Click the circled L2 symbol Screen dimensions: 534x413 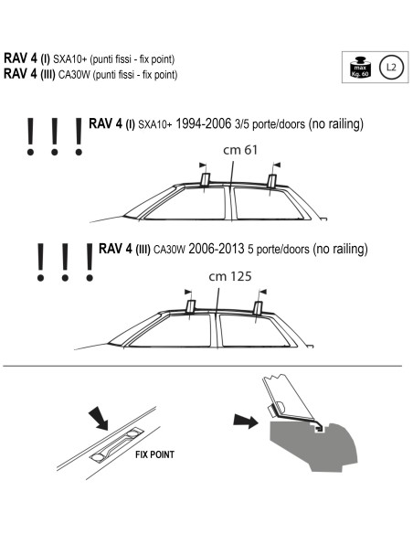(x=391, y=67)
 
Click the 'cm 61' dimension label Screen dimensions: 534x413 (x=238, y=150)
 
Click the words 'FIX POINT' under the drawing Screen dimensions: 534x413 (x=156, y=454)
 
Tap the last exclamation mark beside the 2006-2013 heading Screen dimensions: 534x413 (x=90, y=261)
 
